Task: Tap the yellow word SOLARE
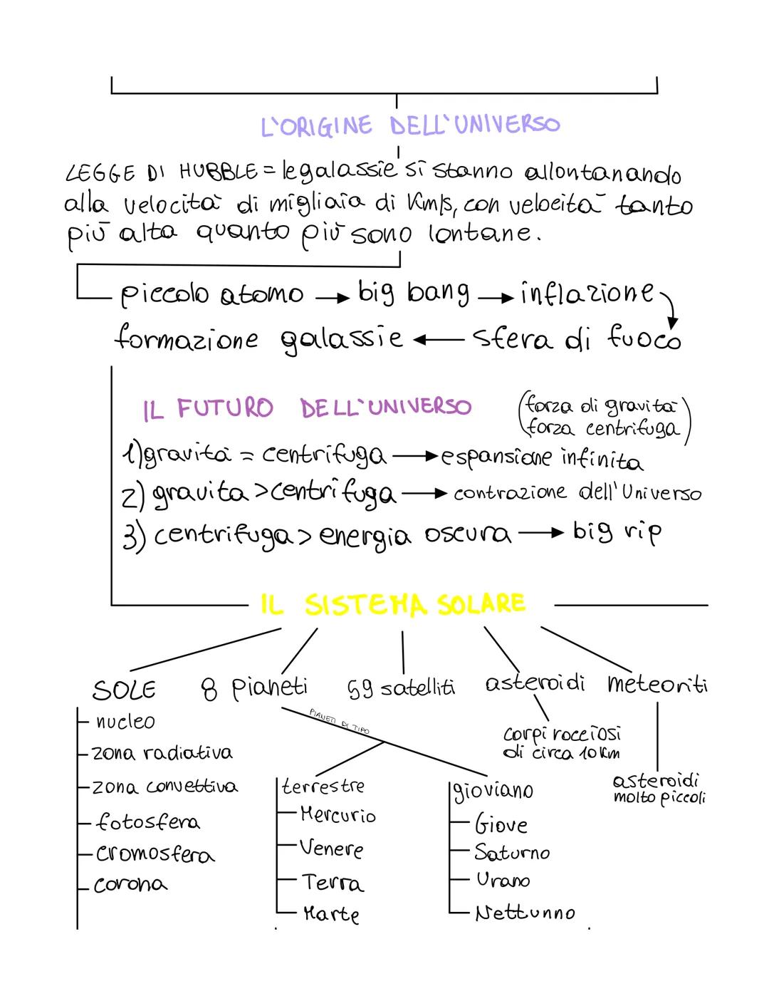[x=481, y=604]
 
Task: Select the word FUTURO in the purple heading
[x=225, y=408]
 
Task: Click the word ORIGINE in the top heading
[x=325, y=125]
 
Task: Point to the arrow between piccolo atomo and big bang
[x=333, y=299]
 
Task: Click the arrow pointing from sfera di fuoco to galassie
[x=439, y=340]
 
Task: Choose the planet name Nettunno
[x=525, y=913]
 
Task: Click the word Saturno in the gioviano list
[x=511, y=852]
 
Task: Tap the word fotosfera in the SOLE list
[x=148, y=821]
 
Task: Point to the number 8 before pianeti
[x=209, y=690]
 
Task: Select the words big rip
[x=617, y=533]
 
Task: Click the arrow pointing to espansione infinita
[x=415, y=456]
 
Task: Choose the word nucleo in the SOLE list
[x=125, y=722]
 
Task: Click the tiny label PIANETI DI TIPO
[x=339, y=722]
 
